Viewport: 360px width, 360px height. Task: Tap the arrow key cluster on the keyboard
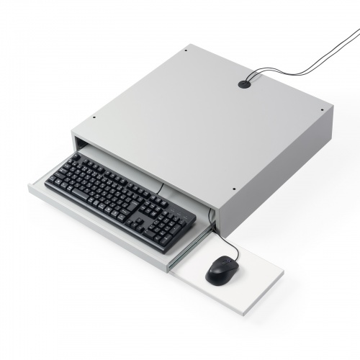154,209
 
